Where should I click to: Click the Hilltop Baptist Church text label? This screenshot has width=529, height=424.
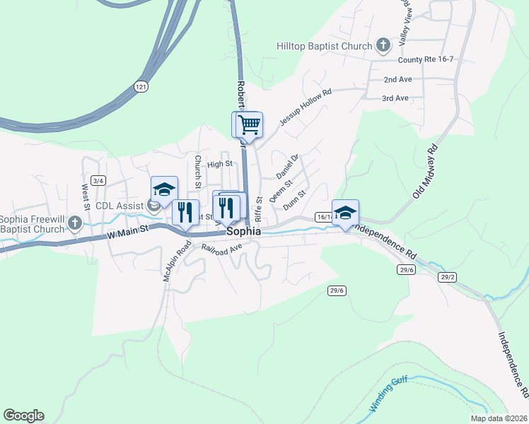(324, 47)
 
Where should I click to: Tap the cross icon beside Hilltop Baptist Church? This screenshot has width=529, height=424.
(383, 47)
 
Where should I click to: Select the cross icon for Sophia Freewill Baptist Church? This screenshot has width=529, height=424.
(76, 224)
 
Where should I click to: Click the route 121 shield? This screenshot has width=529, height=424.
(140, 86)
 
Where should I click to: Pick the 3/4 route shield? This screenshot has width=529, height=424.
(98, 181)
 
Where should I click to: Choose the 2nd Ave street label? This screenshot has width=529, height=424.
(397, 80)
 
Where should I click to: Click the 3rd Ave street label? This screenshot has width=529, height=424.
(395, 98)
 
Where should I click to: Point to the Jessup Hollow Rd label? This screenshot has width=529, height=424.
(305, 107)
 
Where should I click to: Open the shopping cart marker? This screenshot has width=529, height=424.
(249, 125)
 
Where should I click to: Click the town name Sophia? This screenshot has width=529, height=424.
(244, 231)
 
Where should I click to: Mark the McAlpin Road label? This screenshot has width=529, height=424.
(178, 264)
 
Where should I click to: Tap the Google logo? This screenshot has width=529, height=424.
(23, 416)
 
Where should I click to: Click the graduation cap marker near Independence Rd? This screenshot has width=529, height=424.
(345, 213)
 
